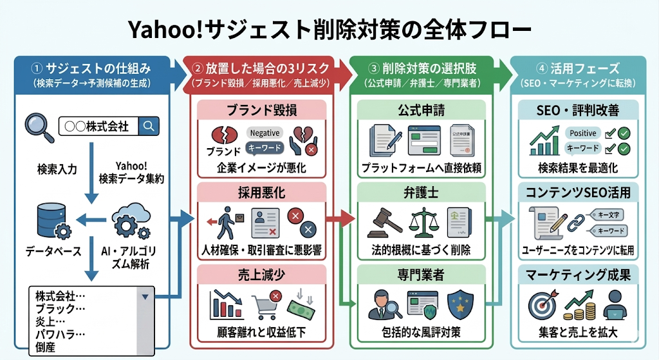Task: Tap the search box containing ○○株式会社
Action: tap(108, 126)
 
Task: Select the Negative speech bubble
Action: tap(264, 133)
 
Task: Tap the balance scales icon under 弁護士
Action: tap(421, 221)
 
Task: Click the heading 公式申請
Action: tap(422, 111)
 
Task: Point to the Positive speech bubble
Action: tap(582, 133)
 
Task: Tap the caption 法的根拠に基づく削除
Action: tap(422, 249)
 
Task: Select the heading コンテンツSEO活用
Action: tap(578, 193)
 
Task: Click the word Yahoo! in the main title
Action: tap(172, 30)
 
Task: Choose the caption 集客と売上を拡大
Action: tap(578, 332)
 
